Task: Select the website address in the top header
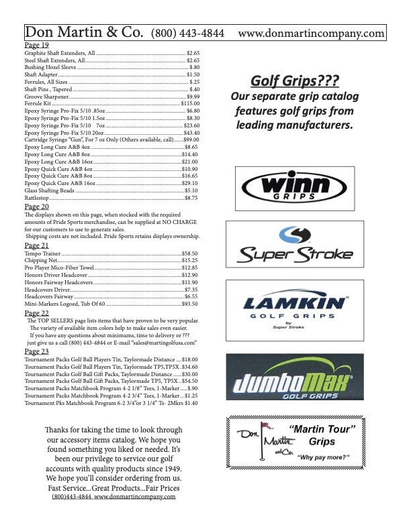point(311,33)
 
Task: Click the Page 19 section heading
point(36,45)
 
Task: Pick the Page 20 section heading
point(36,206)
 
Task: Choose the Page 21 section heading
point(36,245)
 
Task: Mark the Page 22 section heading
point(36,312)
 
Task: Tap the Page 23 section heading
point(36,351)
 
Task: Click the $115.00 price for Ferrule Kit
point(189,104)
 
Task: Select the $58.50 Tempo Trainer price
point(191,253)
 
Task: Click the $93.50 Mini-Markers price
point(191,304)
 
